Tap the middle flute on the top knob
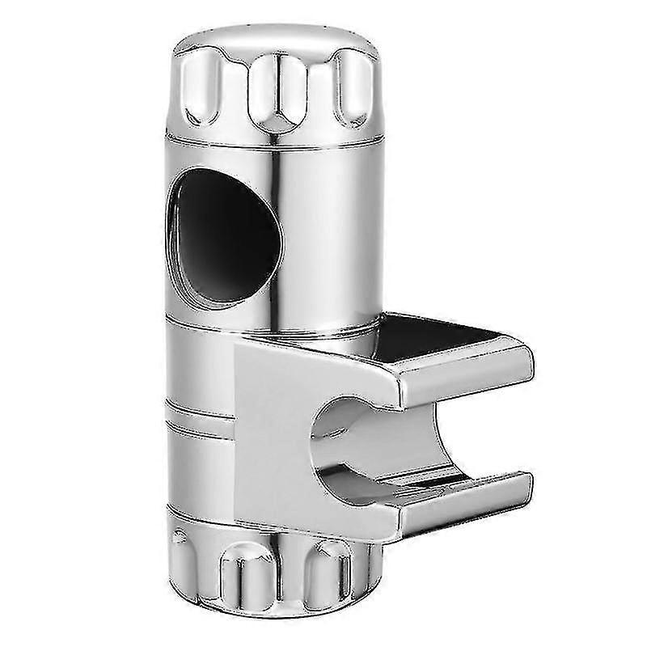click(x=273, y=95)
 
